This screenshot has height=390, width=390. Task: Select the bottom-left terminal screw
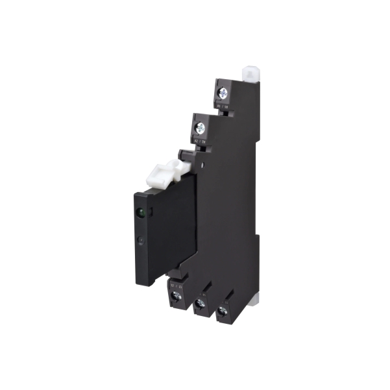point(174,298)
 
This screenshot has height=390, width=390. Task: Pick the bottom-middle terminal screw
point(199,305)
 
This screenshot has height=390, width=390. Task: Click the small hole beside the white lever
point(203,165)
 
